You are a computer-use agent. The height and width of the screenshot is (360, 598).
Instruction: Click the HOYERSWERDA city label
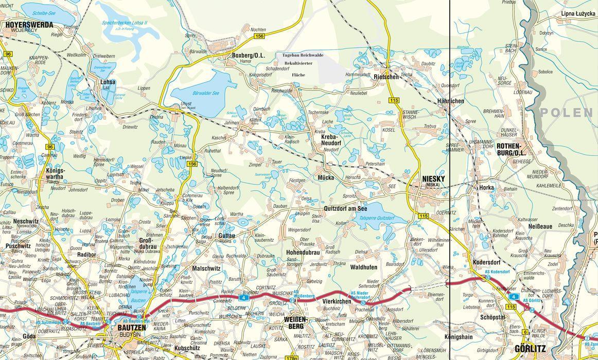coord(28,24)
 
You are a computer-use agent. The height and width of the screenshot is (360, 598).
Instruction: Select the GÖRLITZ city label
coord(530,348)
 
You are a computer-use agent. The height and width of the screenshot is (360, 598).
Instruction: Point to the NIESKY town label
coord(433,179)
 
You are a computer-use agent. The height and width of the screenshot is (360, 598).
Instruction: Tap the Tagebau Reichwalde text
coord(304,55)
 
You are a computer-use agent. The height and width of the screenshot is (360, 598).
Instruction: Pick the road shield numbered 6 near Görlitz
coord(524,332)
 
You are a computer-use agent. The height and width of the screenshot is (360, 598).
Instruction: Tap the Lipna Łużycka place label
coord(578,14)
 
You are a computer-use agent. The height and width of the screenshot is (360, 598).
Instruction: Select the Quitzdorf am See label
coord(346,208)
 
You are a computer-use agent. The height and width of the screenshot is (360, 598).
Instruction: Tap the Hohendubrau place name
coord(303,253)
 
